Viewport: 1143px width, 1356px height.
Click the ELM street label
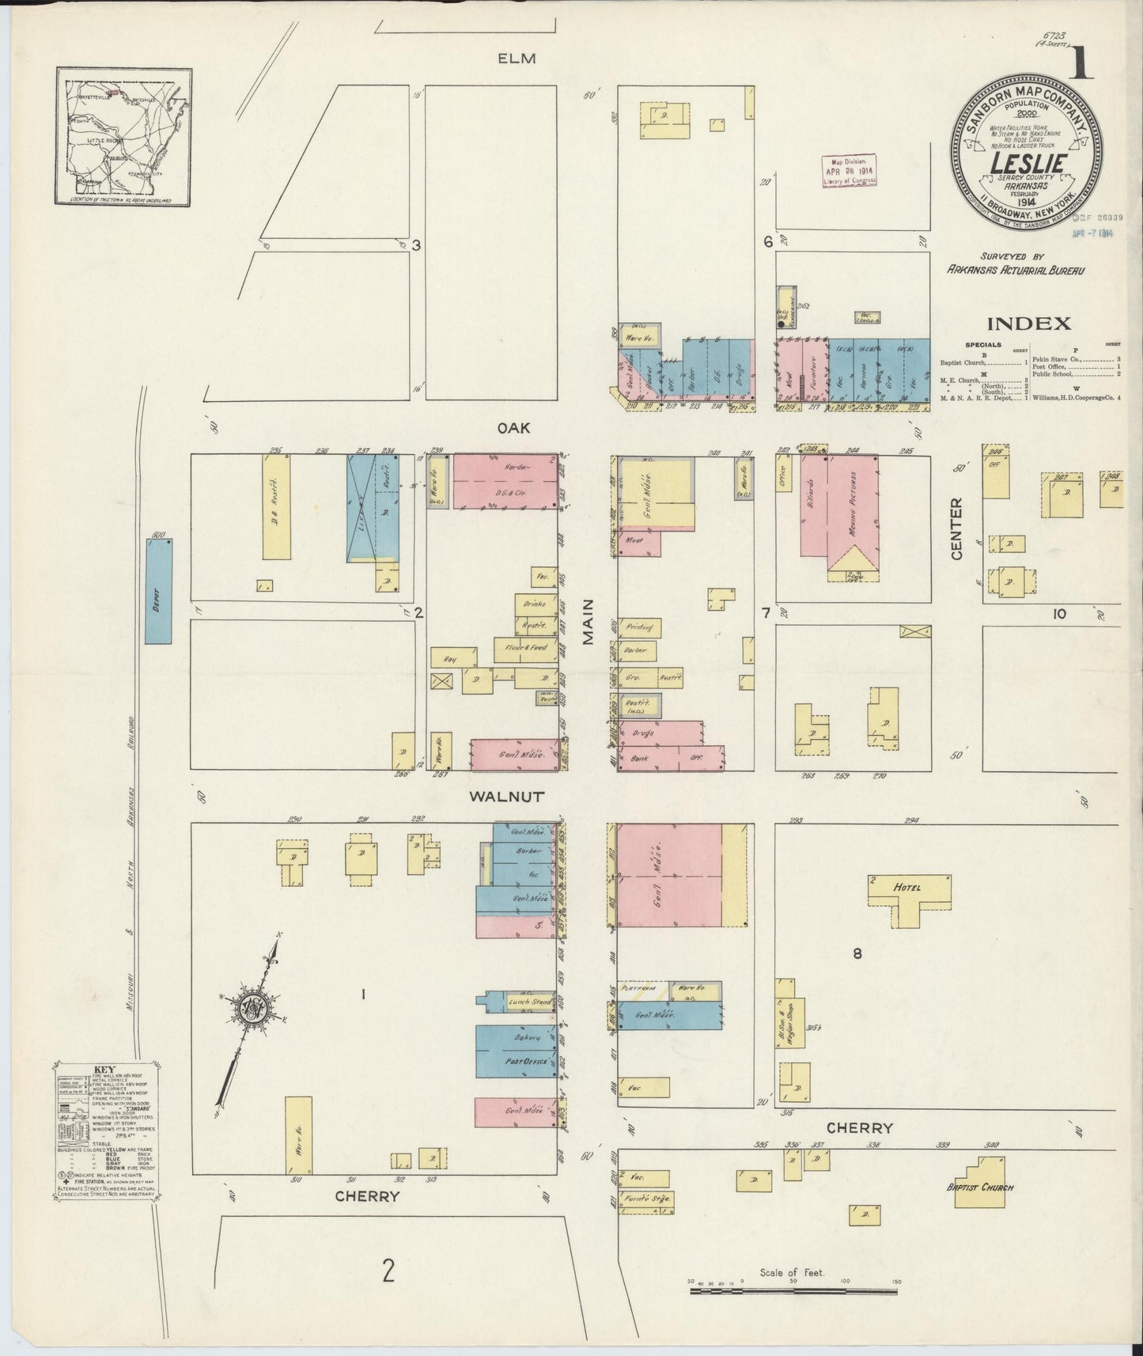(517, 59)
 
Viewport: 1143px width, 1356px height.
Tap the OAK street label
(513, 428)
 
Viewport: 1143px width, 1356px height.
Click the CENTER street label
(956, 528)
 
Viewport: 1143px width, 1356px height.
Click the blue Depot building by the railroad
(158, 591)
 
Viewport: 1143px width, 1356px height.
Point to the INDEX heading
(1028, 323)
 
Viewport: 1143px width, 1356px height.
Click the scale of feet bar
(794, 1290)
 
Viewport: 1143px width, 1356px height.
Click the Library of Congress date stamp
(849, 170)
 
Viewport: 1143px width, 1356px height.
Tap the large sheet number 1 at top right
(1081, 64)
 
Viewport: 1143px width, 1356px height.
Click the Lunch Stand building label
(528, 1002)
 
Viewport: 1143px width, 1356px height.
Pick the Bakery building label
(526, 1037)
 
